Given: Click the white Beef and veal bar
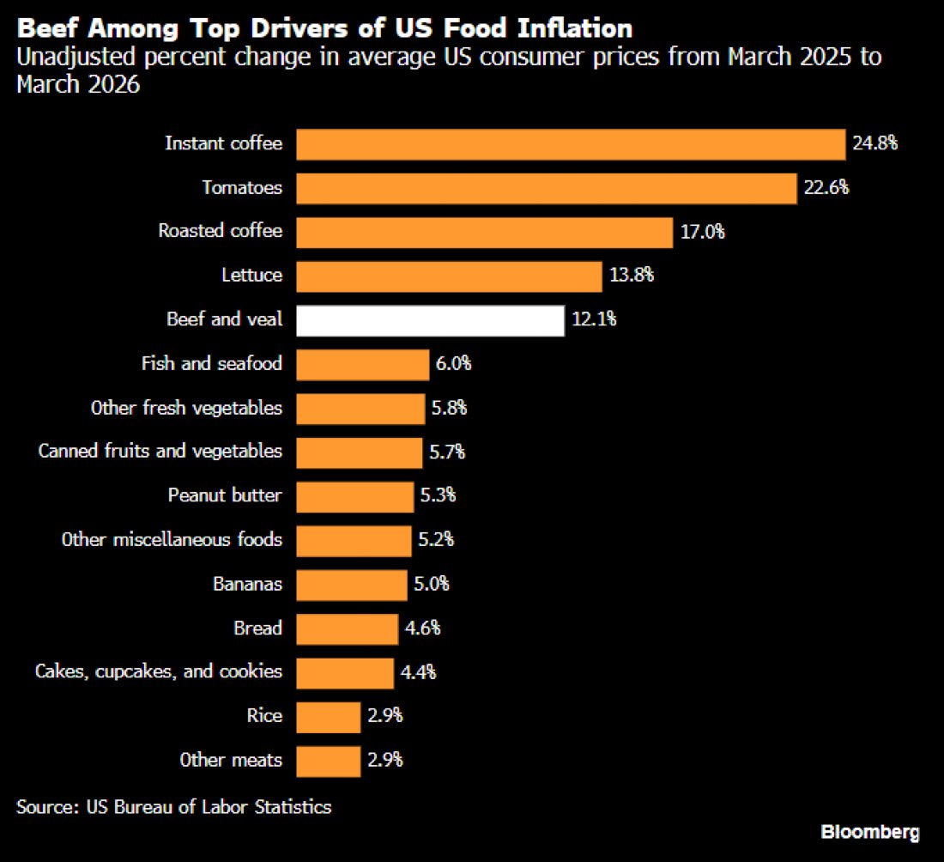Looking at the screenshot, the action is coord(431,320).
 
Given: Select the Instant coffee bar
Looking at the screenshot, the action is coord(571,144).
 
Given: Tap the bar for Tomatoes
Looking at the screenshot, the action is coord(547,189).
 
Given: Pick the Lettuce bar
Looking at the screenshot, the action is coord(449,276).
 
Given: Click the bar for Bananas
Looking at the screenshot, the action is coord(352,585).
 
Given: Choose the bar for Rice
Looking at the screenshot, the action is coord(328,717).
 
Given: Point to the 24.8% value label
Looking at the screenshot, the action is coord(874,143).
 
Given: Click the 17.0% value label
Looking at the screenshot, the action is coord(703,232).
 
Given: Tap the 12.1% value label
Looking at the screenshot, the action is coord(594,319).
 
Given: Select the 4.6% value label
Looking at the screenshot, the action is coord(422,628).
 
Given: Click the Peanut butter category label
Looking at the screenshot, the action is coord(225,495).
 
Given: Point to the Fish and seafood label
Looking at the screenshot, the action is coord(212,363).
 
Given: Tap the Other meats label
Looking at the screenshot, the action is coord(231,760).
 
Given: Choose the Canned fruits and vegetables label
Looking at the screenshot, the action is coord(160,452).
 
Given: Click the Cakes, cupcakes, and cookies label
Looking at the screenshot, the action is coord(159,671).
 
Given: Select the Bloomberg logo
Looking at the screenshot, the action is coord(870,833).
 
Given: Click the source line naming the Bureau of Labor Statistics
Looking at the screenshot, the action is coord(174,807).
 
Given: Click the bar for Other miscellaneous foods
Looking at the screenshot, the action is coord(354,541).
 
